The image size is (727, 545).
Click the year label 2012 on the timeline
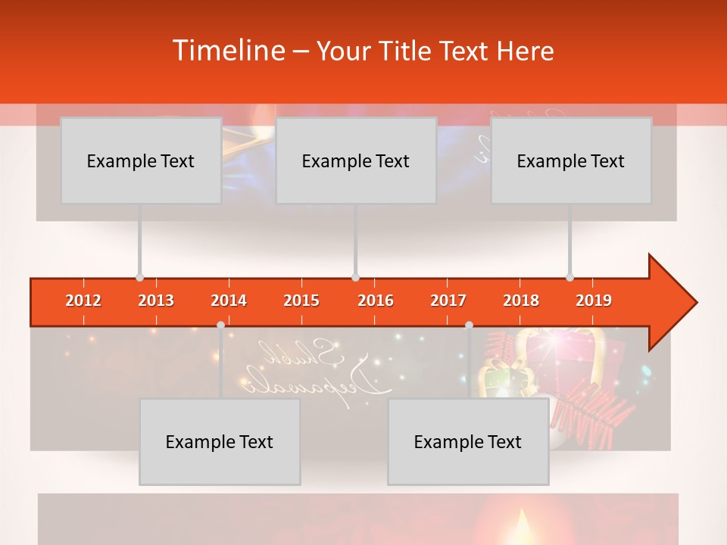[x=83, y=301]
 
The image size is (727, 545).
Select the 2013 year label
[x=156, y=301]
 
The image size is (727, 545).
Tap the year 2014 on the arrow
[x=229, y=301]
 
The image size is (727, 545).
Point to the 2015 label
[x=301, y=301]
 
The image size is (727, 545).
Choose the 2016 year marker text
[x=376, y=301]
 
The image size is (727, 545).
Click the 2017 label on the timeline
[x=448, y=301]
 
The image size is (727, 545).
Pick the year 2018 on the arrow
[x=521, y=301]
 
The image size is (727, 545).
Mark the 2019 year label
[x=594, y=301]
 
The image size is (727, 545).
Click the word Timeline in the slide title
[x=227, y=51]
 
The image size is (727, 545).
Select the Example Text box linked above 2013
[x=141, y=160]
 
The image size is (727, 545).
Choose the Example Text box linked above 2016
[x=356, y=160]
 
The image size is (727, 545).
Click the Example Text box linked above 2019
[x=571, y=160]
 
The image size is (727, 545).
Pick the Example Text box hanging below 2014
[x=220, y=442]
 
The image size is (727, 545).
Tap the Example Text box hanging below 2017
[x=468, y=442]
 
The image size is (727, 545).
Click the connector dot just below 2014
[x=220, y=325]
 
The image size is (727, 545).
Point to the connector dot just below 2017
[x=469, y=325]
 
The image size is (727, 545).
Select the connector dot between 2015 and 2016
[x=355, y=277]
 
